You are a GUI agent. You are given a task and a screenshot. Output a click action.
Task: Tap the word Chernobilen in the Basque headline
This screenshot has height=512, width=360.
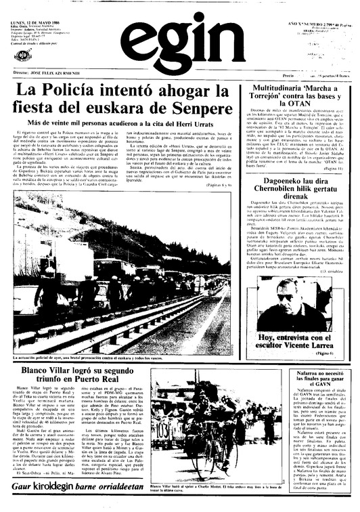(x=276, y=192)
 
